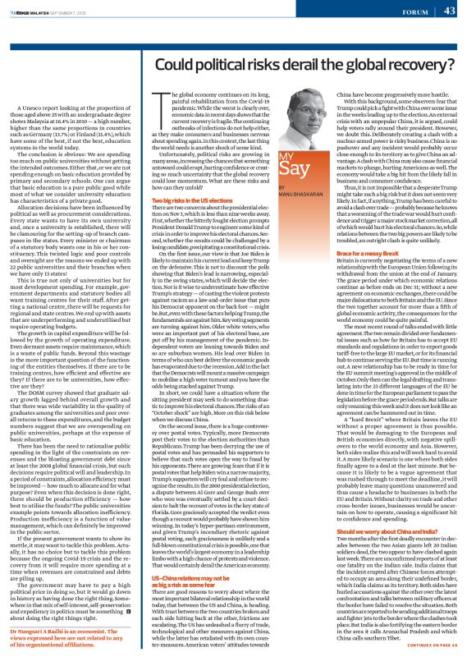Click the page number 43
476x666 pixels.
click(x=449, y=11)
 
